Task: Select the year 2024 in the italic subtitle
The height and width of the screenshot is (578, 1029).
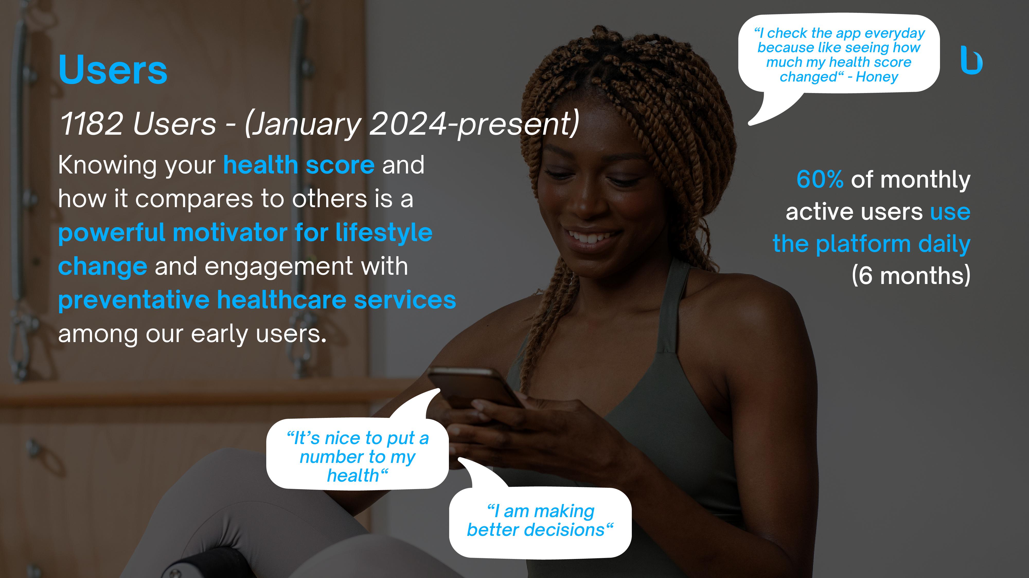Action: (x=407, y=124)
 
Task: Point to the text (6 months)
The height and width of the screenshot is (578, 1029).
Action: (x=911, y=276)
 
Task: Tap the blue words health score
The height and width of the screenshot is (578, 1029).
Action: (x=299, y=165)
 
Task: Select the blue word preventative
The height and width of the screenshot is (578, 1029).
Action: (x=134, y=300)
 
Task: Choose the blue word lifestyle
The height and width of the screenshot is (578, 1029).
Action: (x=384, y=233)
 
